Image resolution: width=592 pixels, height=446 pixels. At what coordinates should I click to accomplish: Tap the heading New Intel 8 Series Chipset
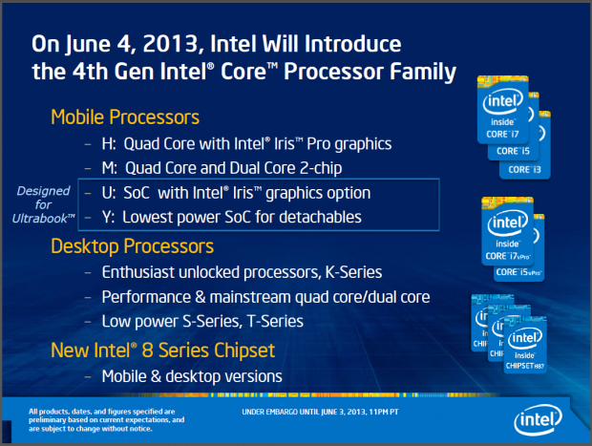(x=163, y=350)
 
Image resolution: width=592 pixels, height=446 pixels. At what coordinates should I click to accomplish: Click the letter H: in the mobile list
(x=110, y=144)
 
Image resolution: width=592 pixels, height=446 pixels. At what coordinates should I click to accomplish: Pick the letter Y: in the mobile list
(x=110, y=218)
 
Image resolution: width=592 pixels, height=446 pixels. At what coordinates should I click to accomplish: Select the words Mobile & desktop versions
(x=191, y=375)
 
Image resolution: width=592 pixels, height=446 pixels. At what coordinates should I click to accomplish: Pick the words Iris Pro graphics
(x=335, y=144)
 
